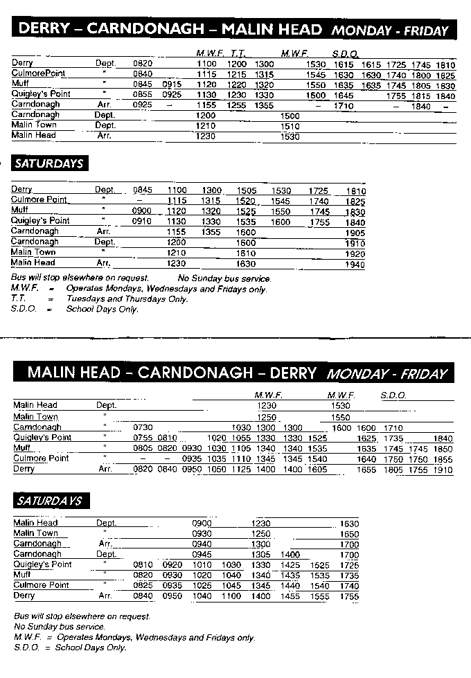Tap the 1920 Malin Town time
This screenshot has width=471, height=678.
click(x=355, y=253)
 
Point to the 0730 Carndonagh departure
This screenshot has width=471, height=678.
click(x=143, y=428)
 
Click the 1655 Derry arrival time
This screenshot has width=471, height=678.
click(x=366, y=470)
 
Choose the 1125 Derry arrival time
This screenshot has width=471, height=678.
click(x=241, y=470)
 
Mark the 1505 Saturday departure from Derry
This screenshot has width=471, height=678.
click(x=247, y=190)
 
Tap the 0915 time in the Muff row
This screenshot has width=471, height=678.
click(x=172, y=84)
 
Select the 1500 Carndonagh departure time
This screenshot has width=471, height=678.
click(x=291, y=116)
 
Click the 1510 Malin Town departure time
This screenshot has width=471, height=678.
click(x=291, y=126)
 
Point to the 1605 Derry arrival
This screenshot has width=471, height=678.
click(x=317, y=470)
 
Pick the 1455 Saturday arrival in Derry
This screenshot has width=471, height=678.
click(x=290, y=596)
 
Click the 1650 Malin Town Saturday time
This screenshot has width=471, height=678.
click(x=350, y=534)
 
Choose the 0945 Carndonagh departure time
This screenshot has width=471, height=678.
click(x=202, y=555)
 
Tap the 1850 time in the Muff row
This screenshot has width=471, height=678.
click(x=443, y=449)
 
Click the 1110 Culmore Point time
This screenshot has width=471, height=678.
click(x=241, y=458)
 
